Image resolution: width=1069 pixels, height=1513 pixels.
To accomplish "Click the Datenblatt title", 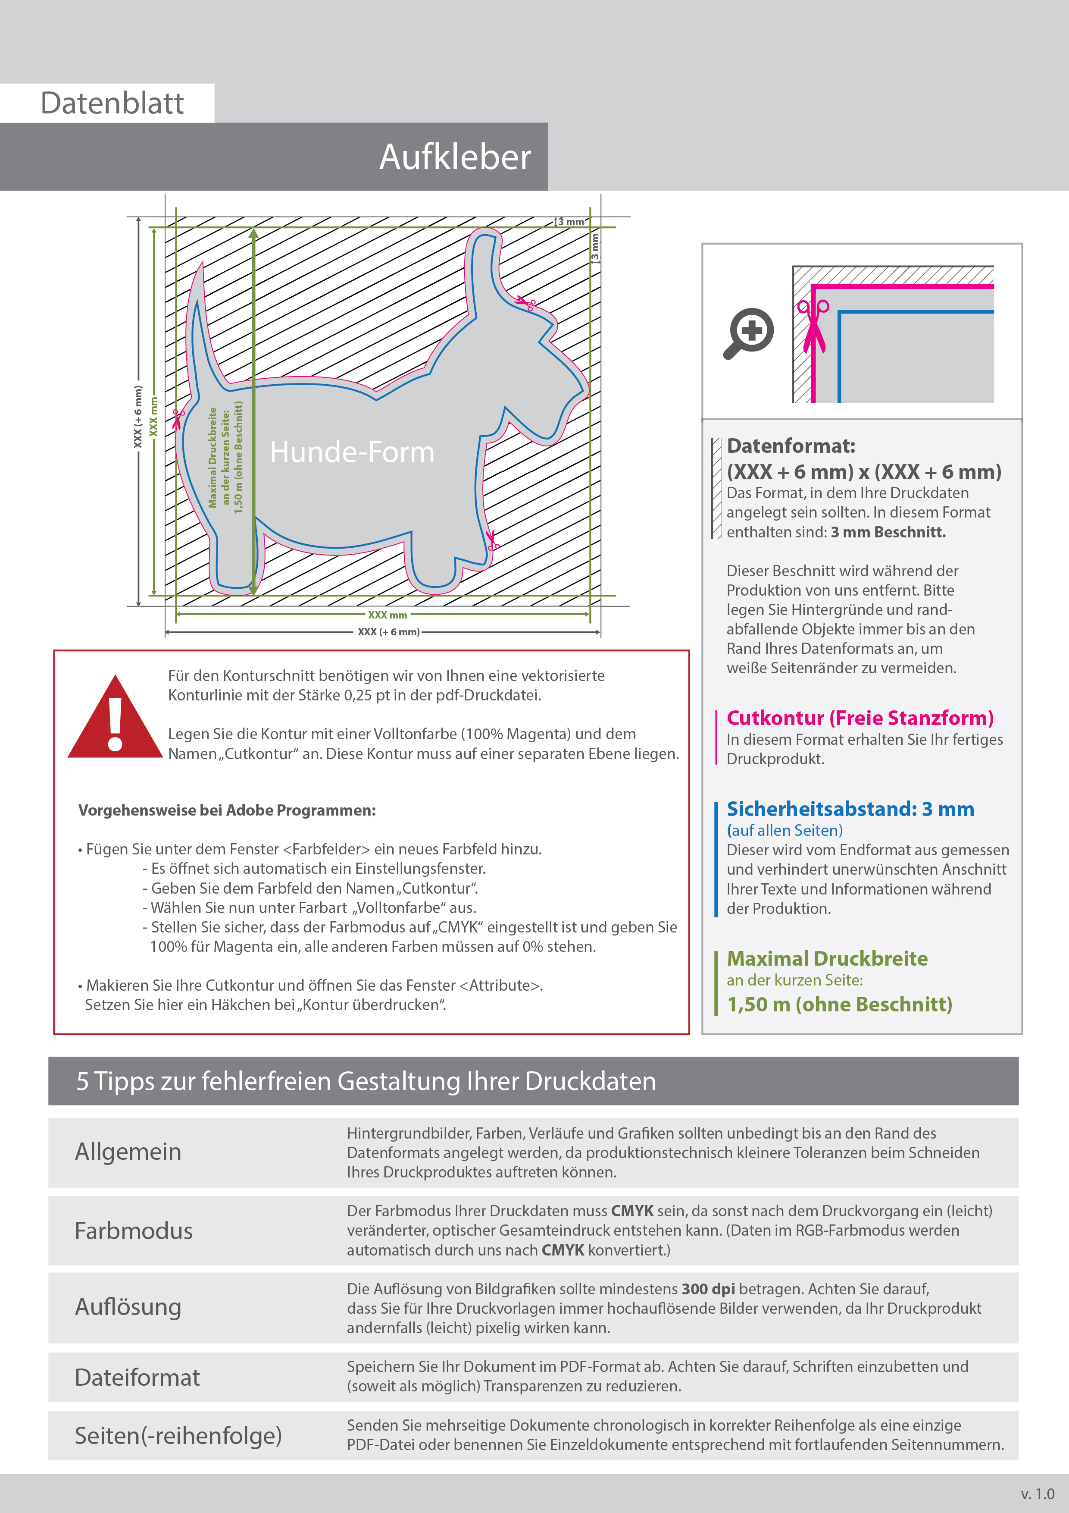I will pyautogui.click(x=112, y=104).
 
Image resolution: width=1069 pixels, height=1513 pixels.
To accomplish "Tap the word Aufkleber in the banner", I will pyautogui.click(x=454, y=157).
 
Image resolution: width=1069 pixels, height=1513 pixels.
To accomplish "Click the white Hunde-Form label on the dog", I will pyautogui.click(x=352, y=452).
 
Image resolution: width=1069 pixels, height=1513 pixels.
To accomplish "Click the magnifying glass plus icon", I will pyautogui.click(x=750, y=333).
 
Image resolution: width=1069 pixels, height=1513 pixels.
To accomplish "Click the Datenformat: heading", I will pyautogui.click(x=791, y=446).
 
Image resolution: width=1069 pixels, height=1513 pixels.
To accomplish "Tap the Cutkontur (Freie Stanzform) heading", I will pyautogui.click(x=860, y=718).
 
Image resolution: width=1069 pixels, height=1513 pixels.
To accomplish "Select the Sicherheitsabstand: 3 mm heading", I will pyautogui.click(x=850, y=809).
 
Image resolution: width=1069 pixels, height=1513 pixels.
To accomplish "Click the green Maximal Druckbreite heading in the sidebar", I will pyautogui.click(x=827, y=958).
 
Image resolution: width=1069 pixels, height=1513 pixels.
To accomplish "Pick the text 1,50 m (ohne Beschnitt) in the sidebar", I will pyautogui.click(x=839, y=1004).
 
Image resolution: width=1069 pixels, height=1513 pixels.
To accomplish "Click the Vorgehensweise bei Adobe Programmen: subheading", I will pyautogui.click(x=227, y=810).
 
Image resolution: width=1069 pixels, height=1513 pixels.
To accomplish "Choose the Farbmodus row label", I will pyautogui.click(x=134, y=1230).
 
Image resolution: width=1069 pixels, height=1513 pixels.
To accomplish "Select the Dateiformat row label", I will pyautogui.click(x=137, y=1377).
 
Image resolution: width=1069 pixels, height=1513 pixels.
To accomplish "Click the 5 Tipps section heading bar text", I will pyautogui.click(x=366, y=1081).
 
